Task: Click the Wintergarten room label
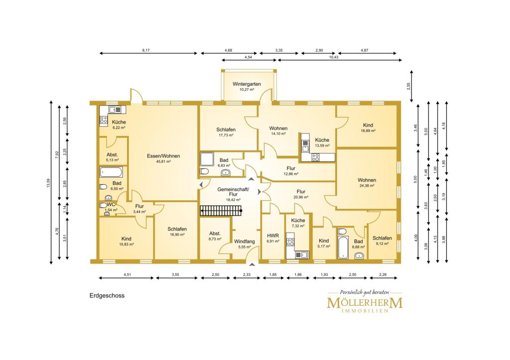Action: coord(247,84)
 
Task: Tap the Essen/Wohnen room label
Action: coord(163,156)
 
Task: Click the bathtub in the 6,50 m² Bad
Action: coord(111,172)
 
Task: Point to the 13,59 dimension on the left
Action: coord(48,183)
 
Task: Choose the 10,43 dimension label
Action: coord(334,57)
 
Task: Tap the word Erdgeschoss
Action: coord(107,296)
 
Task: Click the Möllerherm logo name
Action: coord(365,303)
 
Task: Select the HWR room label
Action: coord(273,236)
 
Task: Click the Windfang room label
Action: coord(244,241)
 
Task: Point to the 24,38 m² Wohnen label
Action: coord(367,180)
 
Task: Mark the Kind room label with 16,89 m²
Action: coord(368,125)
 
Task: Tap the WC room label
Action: coord(111,205)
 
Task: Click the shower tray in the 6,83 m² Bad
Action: coord(207,159)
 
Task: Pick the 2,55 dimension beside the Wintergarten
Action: coord(409,86)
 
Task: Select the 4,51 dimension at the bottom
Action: coord(127,274)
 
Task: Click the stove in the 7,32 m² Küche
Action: coord(290,242)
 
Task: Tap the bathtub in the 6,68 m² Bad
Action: coord(342,248)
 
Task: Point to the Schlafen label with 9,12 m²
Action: coord(382,238)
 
